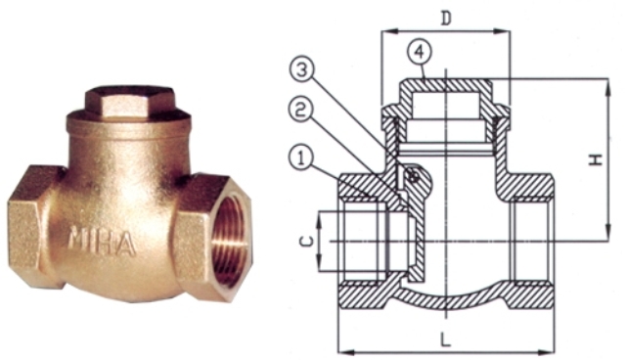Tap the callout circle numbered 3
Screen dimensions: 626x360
tap(302, 70)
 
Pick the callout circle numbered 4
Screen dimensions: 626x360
tap(420, 53)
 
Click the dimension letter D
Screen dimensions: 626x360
tap(446, 18)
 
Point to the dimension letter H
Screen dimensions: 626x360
tap(597, 159)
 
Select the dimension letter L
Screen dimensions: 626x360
tap(445, 340)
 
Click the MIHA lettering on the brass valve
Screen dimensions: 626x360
tap(103, 241)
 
